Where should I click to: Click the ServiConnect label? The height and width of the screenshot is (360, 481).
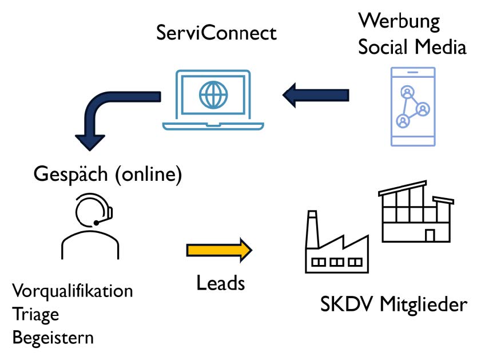click(216, 33)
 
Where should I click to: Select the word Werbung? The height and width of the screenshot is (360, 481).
click(399, 22)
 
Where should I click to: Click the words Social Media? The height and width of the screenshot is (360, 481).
click(412, 47)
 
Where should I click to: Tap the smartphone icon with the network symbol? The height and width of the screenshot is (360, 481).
click(413, 106)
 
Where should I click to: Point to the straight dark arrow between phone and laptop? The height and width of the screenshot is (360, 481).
click(315, 94)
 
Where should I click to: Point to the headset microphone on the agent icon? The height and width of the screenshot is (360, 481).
click(97, 222)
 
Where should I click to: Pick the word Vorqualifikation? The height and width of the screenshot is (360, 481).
click(73, 291)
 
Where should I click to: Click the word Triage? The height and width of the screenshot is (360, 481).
click(35, 314)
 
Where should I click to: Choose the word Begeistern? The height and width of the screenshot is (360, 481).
click(53, 337)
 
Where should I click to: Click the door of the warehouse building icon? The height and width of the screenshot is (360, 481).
click(430, 234)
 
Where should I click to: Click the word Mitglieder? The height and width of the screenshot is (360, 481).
click(424, 304)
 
